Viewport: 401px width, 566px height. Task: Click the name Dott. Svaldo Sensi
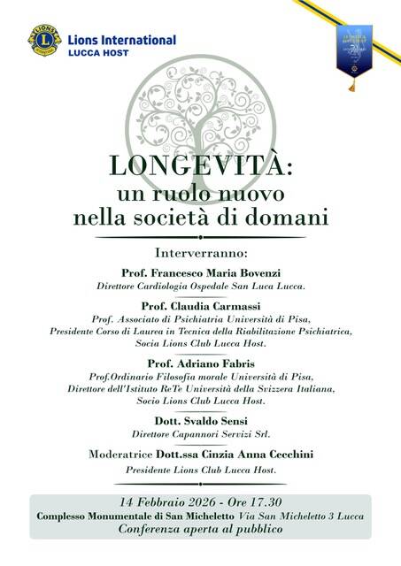[x=201, y=420]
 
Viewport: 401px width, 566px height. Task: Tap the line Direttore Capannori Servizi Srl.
[x=201, y=435]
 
